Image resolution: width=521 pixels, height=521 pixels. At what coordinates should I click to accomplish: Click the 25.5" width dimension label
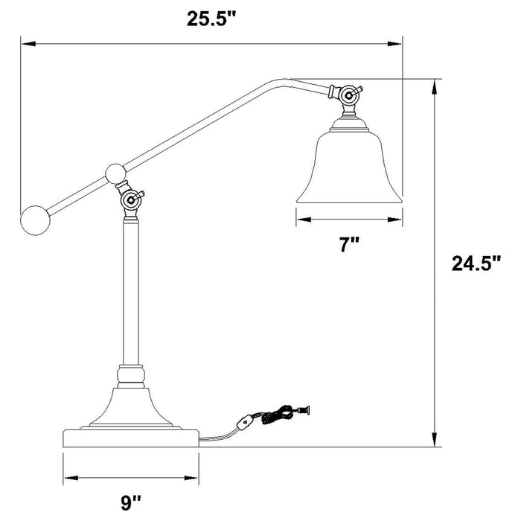coord(211,19)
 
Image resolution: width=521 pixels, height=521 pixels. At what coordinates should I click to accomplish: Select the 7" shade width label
coord(349,245)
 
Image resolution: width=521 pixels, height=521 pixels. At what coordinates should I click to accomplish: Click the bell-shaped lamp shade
coord(349,164)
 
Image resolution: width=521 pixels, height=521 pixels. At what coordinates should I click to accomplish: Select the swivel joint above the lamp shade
coord(348,95)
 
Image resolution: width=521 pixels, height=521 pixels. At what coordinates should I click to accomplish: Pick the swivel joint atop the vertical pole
coord(130,199)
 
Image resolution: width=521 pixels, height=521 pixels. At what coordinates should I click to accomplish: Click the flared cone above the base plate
coord(131,406)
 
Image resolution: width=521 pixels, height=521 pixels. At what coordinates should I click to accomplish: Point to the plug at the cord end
coord(304,408)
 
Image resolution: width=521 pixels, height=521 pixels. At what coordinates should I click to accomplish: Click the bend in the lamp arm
coord(283,79)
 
